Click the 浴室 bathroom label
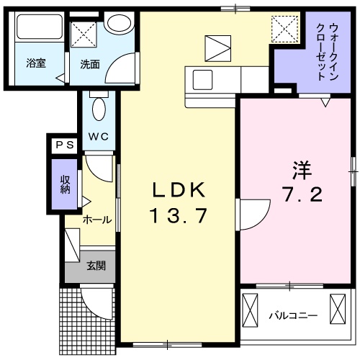(36, 63)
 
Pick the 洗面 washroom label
(90, 63)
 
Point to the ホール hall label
(96, 220)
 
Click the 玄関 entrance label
(96, 266)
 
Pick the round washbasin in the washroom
(117, 22)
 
